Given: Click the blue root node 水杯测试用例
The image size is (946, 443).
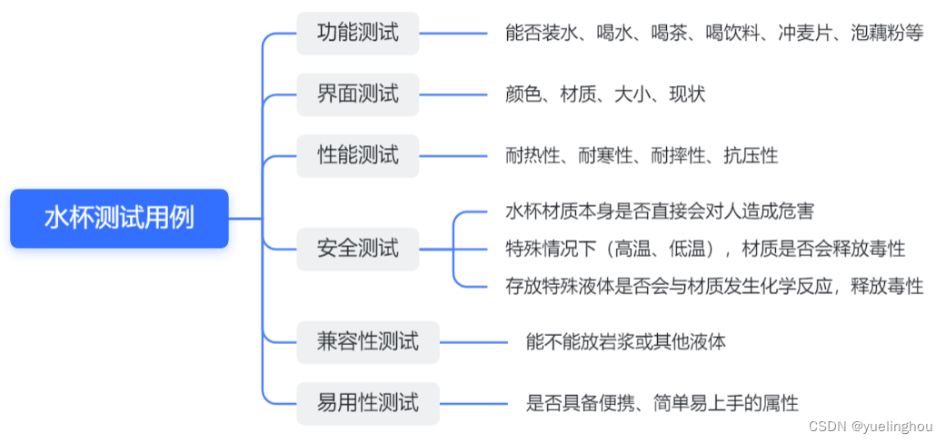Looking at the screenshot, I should pyautogui.click(x=119, y=218).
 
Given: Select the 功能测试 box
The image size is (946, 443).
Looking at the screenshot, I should pyautogui.click(x=357, y=34).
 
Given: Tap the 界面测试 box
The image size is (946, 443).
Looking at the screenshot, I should pyautogui.click(x=357, y=94).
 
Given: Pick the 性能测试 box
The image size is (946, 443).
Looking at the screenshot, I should pyautogui.click(x=357, y=154).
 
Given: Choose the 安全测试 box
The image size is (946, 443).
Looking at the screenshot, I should pyautogui.click(x=357, y=248).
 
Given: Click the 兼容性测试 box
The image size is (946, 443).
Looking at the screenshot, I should pyautogui.click(x=368, y=342).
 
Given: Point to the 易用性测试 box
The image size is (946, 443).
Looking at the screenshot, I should pyautogui.click(x=368, y=402).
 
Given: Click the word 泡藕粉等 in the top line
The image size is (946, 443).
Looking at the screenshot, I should pyautogui.click(x=887, y=34).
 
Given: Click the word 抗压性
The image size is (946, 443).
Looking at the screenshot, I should pyautogui.click(x=751, y=155).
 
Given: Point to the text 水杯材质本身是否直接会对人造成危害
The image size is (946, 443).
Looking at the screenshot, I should pyautogui.click(x=659, y=212).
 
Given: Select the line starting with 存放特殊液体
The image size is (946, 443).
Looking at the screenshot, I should pyautogui.click(x=713, y=287).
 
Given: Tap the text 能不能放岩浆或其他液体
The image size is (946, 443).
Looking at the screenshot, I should pyautogui.click(x=625, y=342).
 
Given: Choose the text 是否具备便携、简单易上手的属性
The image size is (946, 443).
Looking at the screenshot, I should pyautogui.click(x=662, y=403).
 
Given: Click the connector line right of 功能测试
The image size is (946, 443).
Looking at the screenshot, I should pyautogui.click(x=453, y=34).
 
